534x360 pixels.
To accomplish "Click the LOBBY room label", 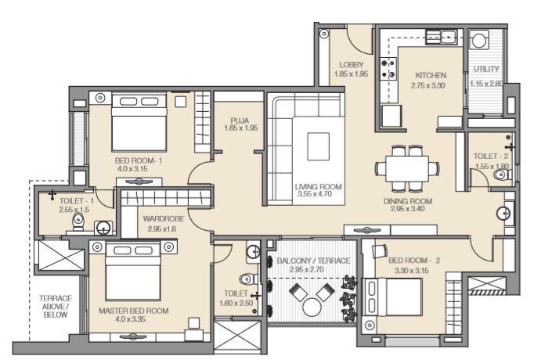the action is tap(352, 65).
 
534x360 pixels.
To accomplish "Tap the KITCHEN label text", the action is tap(431, 75).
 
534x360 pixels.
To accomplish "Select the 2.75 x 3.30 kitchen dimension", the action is tap(428, 85).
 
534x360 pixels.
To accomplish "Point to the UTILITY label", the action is tap(486, 69).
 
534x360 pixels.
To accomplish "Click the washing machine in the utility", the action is tap(479, 40).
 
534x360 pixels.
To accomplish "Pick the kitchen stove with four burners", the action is tap(388, 68).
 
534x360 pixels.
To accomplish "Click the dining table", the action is tap(407, 169).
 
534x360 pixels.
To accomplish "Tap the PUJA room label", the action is tap(240, 121).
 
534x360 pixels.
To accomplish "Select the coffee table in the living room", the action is tap(319, 146).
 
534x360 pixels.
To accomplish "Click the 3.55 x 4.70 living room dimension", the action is tap(315, 194).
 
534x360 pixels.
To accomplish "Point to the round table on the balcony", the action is tap(312, 308).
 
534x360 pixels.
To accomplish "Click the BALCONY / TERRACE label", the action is tap(313, 261).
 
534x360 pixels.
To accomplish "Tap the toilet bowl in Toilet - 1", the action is tap(78, 221).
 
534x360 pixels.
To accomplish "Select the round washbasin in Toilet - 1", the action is tap(103, 228).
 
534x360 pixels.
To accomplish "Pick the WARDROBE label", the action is tap(164, 219).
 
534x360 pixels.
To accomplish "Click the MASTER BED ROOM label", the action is tap(133, 311).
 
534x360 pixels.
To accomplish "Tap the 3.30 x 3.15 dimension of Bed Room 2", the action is tap(411, 271).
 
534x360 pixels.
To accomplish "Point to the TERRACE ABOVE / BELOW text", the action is tap(56, 307).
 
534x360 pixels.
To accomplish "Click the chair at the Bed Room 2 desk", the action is tap(380, 251).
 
